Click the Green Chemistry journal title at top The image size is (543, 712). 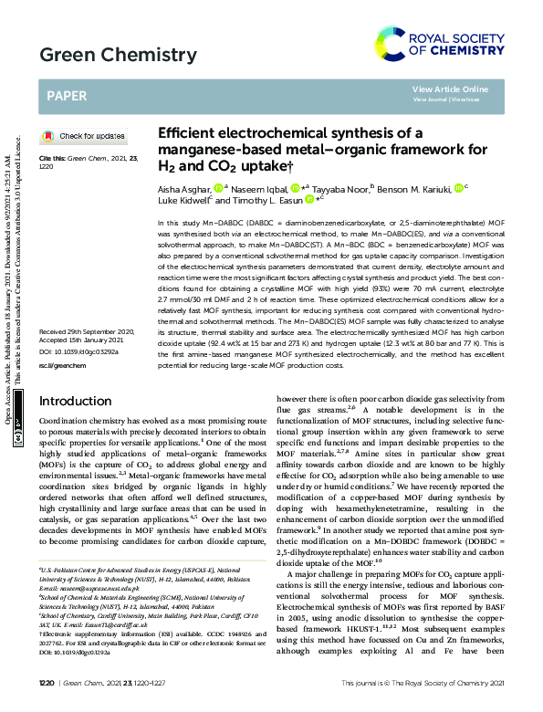(105, 55)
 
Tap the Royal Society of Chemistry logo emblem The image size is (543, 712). (390, 44)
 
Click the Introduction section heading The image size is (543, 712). (76, 426)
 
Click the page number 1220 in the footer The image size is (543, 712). (47, 683)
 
